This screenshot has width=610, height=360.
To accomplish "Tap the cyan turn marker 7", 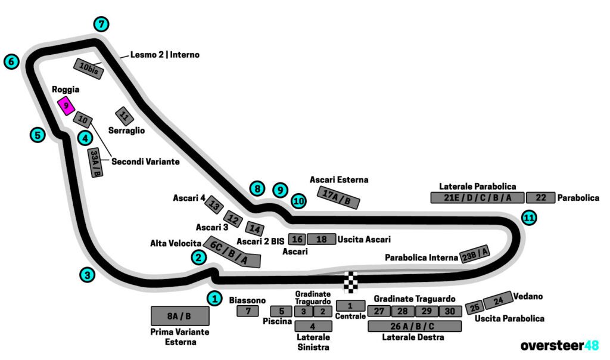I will [x=102, y=24].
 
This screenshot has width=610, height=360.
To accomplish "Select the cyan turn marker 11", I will [x=528, y=218].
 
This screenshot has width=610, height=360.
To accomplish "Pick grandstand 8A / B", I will [x=180, y=316].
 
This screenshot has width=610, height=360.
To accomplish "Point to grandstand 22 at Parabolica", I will [x=541, y=198].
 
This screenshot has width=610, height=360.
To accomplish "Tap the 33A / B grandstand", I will [x=95, y=163].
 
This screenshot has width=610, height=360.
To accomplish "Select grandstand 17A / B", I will [x=340, y=197].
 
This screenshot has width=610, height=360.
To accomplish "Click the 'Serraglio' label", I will [x=126, y=130].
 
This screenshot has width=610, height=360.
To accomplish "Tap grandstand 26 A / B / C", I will [x=415, y=326].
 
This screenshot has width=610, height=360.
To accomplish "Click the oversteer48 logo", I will [x=559, y=346].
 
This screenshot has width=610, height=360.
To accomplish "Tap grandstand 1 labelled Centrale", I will [x=350, y=305].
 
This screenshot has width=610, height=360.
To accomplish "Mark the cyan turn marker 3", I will [x=88, y=275].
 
